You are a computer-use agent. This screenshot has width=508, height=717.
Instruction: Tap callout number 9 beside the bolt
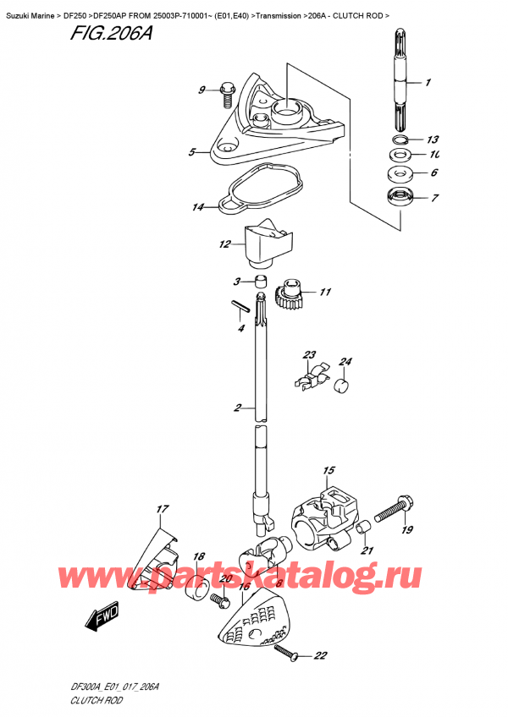(x=202, y=90)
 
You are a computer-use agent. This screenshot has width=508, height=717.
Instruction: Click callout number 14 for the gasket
(x=198, y=207)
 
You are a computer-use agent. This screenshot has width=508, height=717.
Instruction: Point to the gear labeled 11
(x=290, y=296)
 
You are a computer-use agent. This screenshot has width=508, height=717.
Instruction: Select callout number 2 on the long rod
(x=239, y=409)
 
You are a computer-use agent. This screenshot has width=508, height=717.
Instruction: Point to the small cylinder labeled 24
(x=343, y=388)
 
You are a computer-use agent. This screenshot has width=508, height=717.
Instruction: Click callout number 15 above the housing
(x=329, y=470)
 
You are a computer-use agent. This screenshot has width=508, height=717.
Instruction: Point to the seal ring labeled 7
(x=398, y=200)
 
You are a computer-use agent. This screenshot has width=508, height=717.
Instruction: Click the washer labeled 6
(x=398, y=174)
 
